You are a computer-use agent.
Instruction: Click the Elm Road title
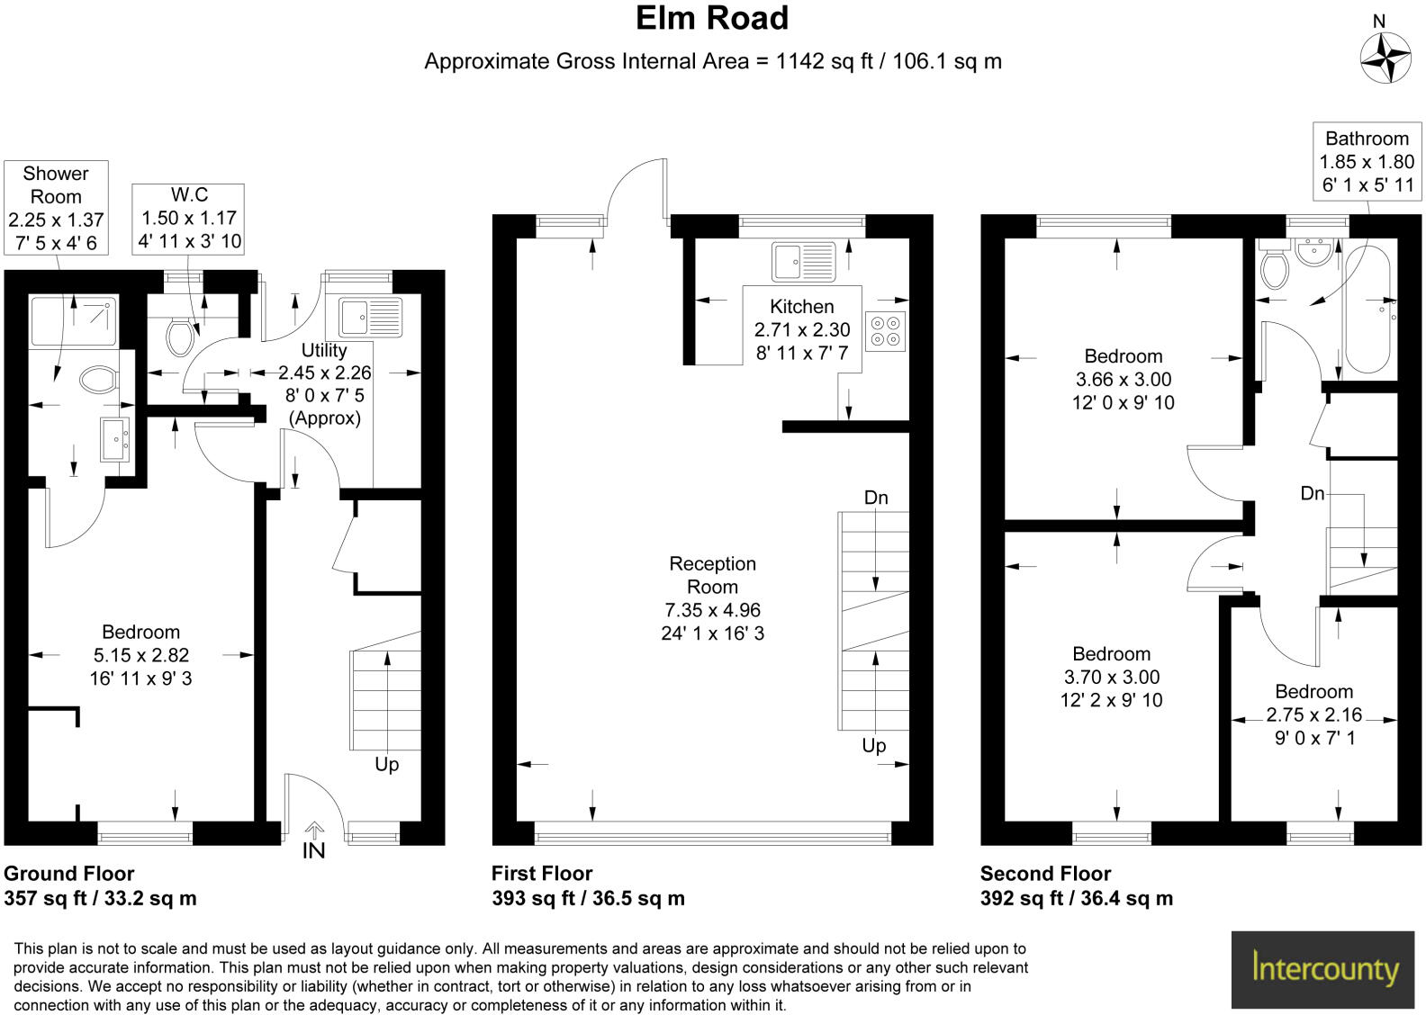[x=712, y=18]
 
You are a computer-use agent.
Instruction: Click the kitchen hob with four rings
[x=885, y=331]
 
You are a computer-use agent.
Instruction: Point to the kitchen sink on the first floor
[x=803, y=262]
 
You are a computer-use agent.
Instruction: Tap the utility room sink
[x=370, y=317]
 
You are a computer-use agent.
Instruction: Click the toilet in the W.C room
[x=181, y=337]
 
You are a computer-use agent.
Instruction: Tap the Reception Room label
[x=712, y=575]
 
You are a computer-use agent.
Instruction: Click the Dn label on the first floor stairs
[x=875, y=498]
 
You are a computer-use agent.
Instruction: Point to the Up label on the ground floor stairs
[x=386, y=764]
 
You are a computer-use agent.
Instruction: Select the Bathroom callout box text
[x=1367, y=162]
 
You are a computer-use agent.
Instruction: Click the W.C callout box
[x=189, y=218]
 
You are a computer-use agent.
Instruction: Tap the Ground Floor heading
[x=69, y=873]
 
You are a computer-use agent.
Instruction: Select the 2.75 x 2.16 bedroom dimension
[x=1313, y=714]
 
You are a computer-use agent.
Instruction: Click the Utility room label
[x=324, y=350]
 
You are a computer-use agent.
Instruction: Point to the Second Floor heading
[x=1045, y=873]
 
